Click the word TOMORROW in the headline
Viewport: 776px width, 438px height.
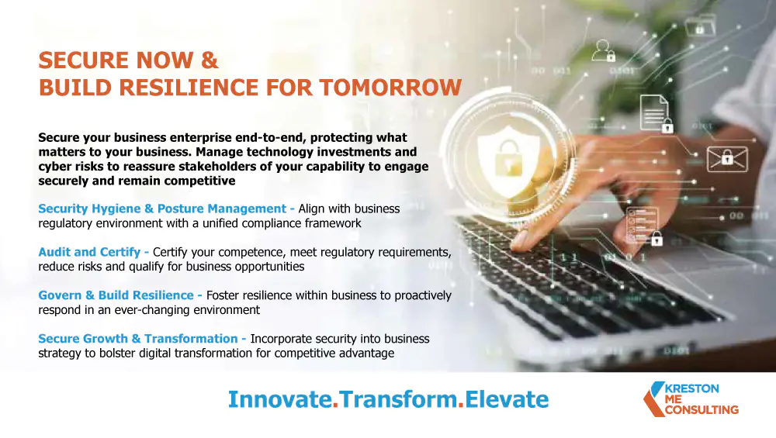(390, 88)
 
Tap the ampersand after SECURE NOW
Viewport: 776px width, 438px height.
(210, 60)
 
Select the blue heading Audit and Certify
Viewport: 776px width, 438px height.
(89, 252)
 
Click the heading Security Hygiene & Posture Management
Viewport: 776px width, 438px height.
(162, 209)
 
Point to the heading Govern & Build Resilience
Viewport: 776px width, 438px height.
(116, 295)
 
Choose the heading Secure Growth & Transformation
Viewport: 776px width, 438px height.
(138, 339)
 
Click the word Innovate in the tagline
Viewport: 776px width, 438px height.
(280, 399)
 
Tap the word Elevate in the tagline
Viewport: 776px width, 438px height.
(507, 399)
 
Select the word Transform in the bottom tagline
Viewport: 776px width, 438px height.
(398, 399)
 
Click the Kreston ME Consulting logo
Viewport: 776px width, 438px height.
(691, 399)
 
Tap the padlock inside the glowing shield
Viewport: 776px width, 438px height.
(509, 157)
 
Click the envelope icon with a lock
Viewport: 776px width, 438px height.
(727, 159)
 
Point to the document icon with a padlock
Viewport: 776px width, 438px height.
(656, 114)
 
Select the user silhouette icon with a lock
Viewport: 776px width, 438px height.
(604, 51)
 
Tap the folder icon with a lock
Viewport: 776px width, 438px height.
(700, 25)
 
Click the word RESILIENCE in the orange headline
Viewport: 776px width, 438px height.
(189, 88)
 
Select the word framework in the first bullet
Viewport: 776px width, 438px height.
(333, 223)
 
